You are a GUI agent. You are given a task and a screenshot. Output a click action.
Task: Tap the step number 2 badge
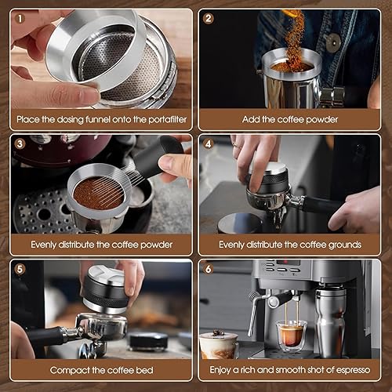click(209, 17)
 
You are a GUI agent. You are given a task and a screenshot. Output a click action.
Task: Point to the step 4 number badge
click(209, 144)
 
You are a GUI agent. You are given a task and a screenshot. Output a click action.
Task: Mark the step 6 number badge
click(209, 269)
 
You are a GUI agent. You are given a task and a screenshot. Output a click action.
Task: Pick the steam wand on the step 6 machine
click(253, 314)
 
